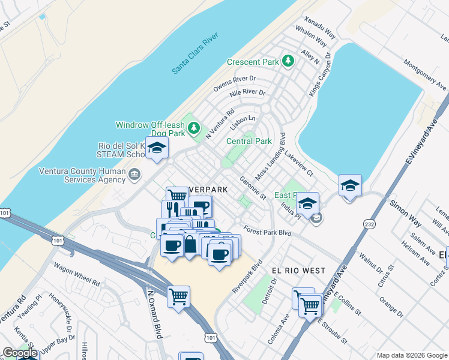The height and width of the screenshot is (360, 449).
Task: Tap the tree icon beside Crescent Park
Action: (288, 61)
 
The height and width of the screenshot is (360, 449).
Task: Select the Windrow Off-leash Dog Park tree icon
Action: (194, 127)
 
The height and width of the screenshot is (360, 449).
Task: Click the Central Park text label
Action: (249, 141)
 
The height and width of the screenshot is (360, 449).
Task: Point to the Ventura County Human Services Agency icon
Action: (134, 175)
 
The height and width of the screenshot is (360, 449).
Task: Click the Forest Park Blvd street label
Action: (267, 232)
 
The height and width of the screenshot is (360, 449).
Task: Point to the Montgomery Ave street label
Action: (425, 74)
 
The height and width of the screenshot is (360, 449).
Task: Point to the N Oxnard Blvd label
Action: (155, 315)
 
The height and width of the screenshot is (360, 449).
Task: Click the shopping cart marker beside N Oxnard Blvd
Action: (178, 296)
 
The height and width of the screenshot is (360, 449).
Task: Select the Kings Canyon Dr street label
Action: (319, 74)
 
